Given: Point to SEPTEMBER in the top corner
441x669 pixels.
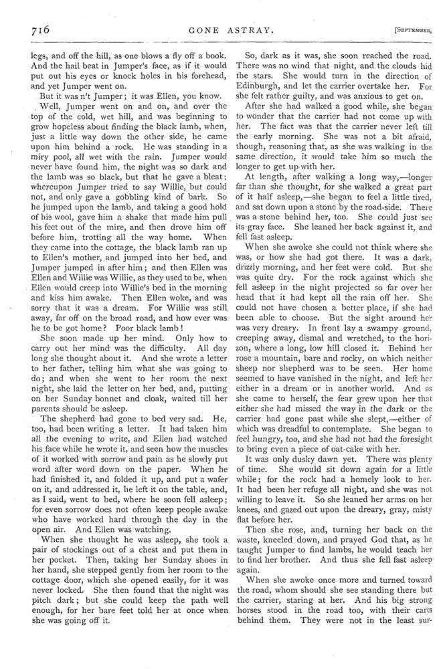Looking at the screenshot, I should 404,30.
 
